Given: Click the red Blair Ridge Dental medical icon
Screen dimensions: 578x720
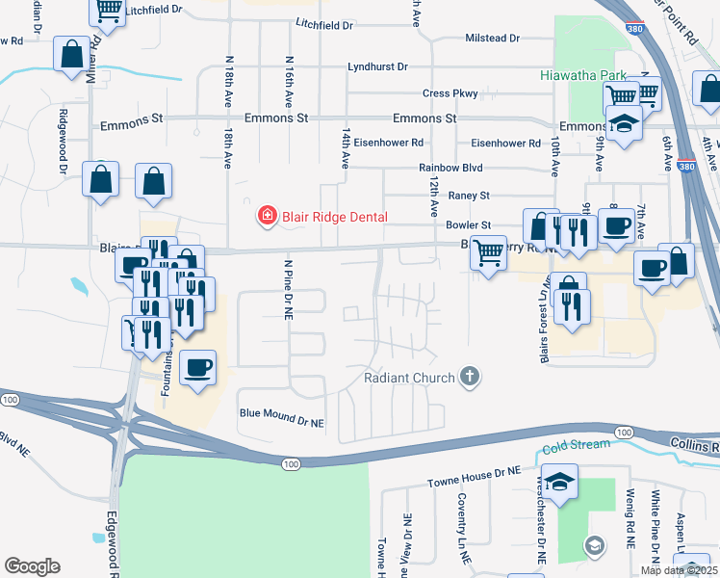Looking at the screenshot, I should (x=267, y=217).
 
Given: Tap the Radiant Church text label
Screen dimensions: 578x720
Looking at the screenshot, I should (x=409, y=378).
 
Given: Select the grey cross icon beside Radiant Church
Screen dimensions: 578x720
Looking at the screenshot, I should (x=470, y=377).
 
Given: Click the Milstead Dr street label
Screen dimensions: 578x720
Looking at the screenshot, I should (x=492, y=39).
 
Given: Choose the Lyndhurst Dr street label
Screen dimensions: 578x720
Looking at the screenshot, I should (x=377, y=67).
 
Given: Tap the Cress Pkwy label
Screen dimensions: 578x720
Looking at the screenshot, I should (x=450, y=93).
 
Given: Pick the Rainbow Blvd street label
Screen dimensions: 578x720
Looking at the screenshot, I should (x=450, y=168).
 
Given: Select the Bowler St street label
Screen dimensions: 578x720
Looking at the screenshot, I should (x=469, y=224).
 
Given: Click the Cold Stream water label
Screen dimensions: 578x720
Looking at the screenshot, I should (x=576, y=444).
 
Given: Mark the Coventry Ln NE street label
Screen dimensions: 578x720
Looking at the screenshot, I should (x=462, y=528).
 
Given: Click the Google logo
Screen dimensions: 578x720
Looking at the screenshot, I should (x=32, y=565).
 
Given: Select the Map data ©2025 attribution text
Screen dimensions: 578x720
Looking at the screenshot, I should (x=679, y=570).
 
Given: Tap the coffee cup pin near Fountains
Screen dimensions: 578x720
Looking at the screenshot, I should (x=198, y=368).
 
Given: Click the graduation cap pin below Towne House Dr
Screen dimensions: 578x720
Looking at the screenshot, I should (x=560, y=479).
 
